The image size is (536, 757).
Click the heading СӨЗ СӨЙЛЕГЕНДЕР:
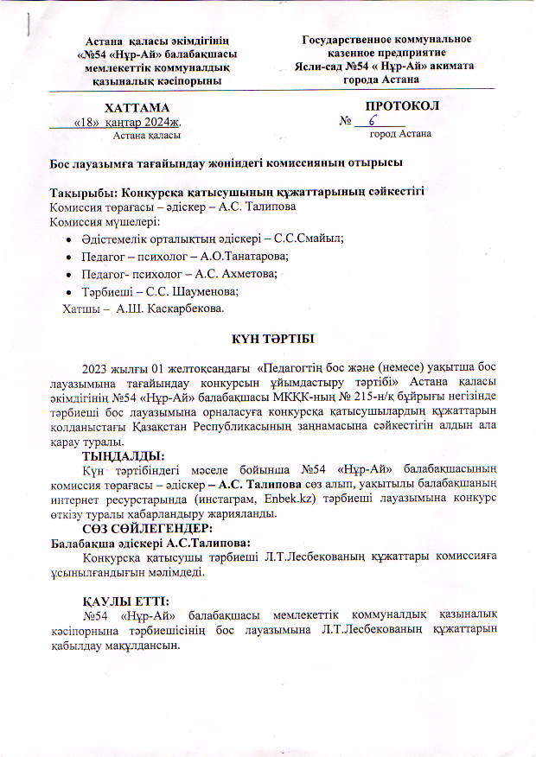[x=147, y=526]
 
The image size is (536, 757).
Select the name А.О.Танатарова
[x=244, y=257]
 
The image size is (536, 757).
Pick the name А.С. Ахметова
[x=239, y=274]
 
